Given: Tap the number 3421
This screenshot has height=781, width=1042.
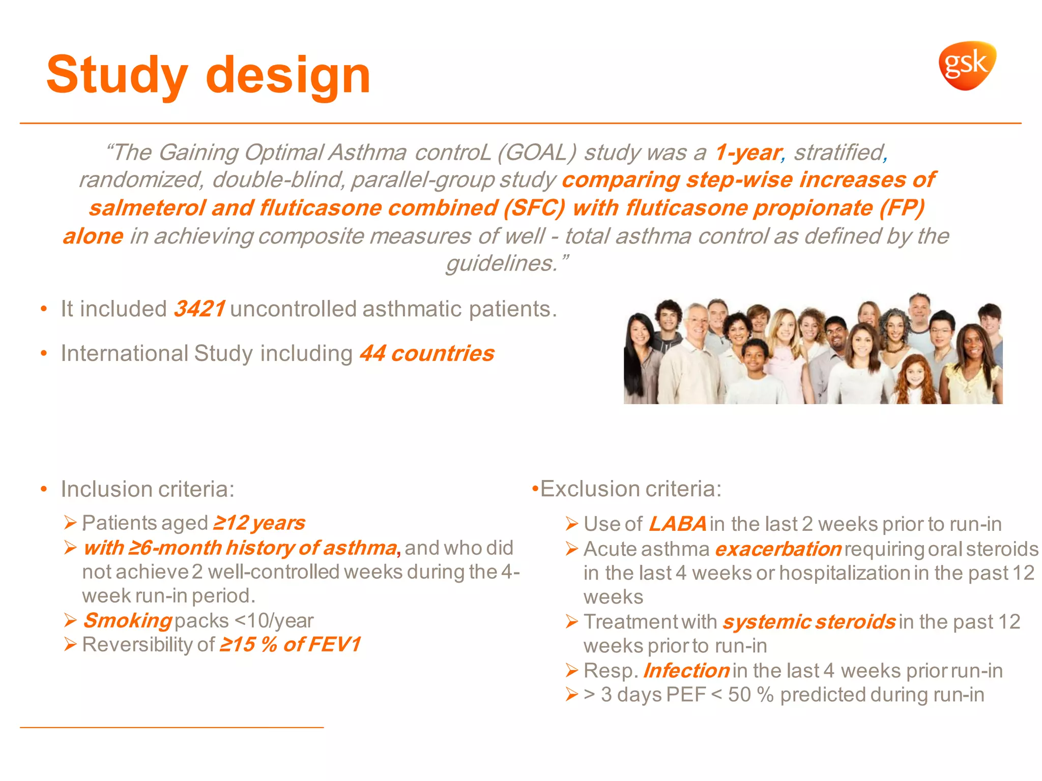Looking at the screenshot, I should [x=199, y=309].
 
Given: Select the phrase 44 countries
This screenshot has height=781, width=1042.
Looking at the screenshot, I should [x=427, y=353].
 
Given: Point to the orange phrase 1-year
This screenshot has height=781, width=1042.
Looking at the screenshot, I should [x=747, y=152].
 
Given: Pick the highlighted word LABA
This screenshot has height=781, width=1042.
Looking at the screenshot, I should [x=677, y=524].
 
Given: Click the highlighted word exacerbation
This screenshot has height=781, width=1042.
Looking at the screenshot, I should [x=778, y=549].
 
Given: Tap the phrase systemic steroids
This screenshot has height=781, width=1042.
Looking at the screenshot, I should [x=809, y=622].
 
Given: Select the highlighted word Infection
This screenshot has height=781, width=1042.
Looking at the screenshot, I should [x=686, y=671].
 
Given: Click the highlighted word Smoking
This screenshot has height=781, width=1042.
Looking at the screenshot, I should [x=128, y=620].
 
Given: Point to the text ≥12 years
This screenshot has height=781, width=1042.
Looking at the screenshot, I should [x=259, y=523].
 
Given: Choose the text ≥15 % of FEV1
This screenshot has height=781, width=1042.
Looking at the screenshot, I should [x=290, y=644].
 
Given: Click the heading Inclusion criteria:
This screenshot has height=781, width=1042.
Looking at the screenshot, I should [x=148, y=489].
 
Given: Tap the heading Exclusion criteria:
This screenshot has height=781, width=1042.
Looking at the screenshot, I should [x=630, y=489].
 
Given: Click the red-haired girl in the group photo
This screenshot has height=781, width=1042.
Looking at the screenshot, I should [x=914, y=379].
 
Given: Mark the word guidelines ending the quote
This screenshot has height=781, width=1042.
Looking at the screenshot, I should [x=501, y=263].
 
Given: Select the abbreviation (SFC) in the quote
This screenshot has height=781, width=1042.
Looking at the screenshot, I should [x=534, y=208].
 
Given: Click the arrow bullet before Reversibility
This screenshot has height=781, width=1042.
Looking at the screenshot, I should [x=70, y=645].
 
